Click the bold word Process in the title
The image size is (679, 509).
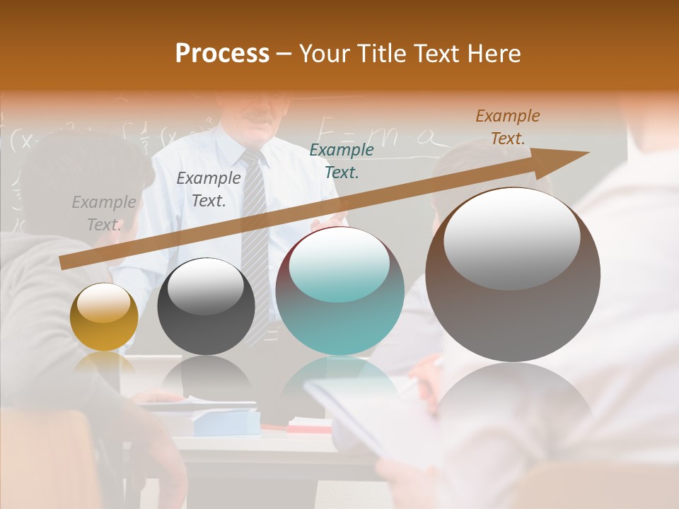(x=222, y=54)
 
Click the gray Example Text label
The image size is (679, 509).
(x=104, y=213)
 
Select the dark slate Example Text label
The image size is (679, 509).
(x=209, y=189)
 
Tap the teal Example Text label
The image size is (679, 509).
(x=342, y=161)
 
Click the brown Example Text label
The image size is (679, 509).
(x=507, y=127)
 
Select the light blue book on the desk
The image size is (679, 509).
(x=226, y=423)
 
